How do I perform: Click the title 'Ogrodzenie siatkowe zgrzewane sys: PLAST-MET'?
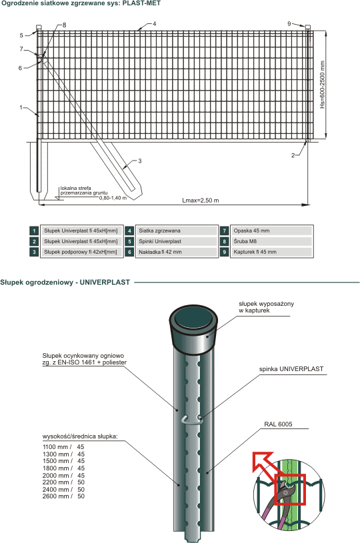click(81, 3)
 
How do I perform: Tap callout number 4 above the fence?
click(154, 24)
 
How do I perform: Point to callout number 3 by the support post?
click(139, 161)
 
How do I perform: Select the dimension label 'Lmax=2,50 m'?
click(200, 201)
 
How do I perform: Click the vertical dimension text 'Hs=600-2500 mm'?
click(323, 85)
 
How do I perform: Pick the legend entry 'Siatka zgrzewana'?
click(159, 231)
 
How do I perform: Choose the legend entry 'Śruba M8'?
click(245, 241)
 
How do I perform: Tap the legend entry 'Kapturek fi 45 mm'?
click(255, 252)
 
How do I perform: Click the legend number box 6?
click(129, 252)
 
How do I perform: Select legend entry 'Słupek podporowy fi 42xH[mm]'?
click(81, 252)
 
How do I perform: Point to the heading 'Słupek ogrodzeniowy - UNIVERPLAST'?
click(65, 282)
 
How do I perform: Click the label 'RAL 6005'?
click(278, 424)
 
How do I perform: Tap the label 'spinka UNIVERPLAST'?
click(291, 369)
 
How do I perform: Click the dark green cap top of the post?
click(193, 318)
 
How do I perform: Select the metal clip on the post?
click(192, 419)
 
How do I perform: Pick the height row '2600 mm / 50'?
click(63, 496)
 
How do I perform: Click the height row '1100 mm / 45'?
click(63, 447)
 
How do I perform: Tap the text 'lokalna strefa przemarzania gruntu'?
click(84, 191)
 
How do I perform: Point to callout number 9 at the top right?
click(289, 24)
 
